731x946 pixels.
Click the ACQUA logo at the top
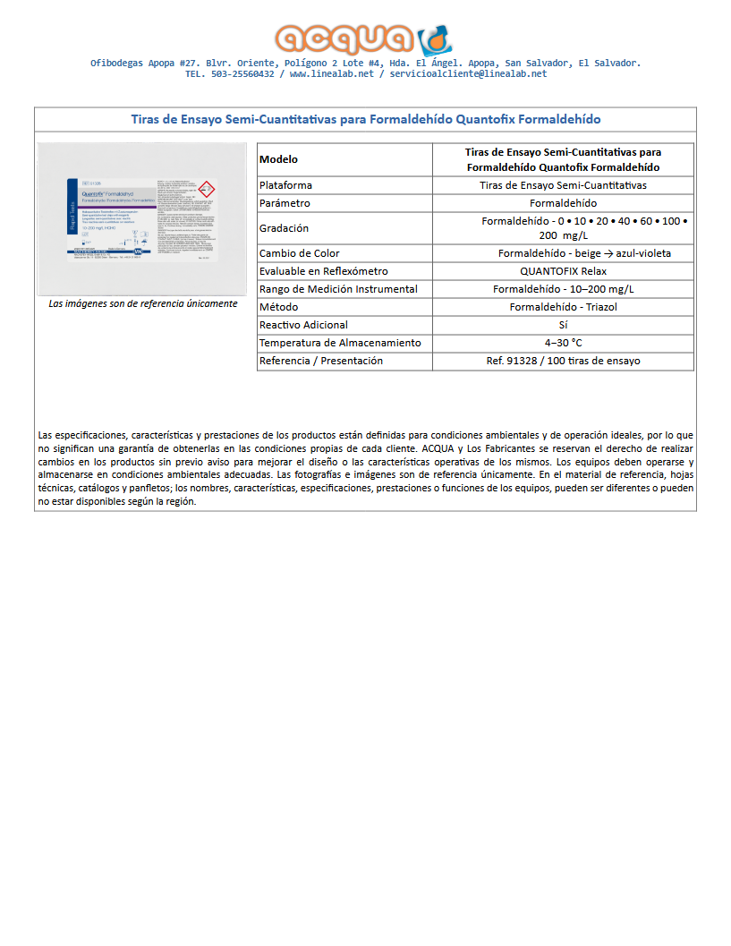pyautogui.click(x=364, y=38)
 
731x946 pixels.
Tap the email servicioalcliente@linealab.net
pyautogui.click(x=468, y=74)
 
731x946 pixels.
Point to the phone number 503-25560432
pyautogui.click(x=243, y=74)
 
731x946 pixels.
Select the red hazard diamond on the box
pyautogui.click(x=205, y=190)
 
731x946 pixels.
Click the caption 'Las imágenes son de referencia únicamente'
pyautogui.click(x=143, y=303)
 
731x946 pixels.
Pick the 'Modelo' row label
pyautogui.click(x=278, y=159)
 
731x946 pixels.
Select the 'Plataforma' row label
pyautogui.click(x=285, y=185)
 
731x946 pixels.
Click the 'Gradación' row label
pyautogui.click(x=284, y=228)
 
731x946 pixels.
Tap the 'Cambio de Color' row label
pyautogui.click(x=299, y=253)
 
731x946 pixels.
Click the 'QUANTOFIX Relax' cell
pyautogui.click(x=563, y=271)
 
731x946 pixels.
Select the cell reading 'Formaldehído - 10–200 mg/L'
pyautogui.click(x=563, y=289)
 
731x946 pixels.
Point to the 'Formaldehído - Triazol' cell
pyautogui.click(x=563, y=307)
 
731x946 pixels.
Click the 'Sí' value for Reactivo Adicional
pyautogui.click(x=563, y=325)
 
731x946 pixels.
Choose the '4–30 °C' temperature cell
pyautogui.click(x=563, y=343)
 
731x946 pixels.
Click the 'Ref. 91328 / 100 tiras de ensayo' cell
pyautogui.click(x=563, y=361)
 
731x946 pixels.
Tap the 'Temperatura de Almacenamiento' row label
pyautogui.click(x=339, y=343)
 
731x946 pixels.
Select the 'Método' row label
pyautogui.click(x=278, y=307)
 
